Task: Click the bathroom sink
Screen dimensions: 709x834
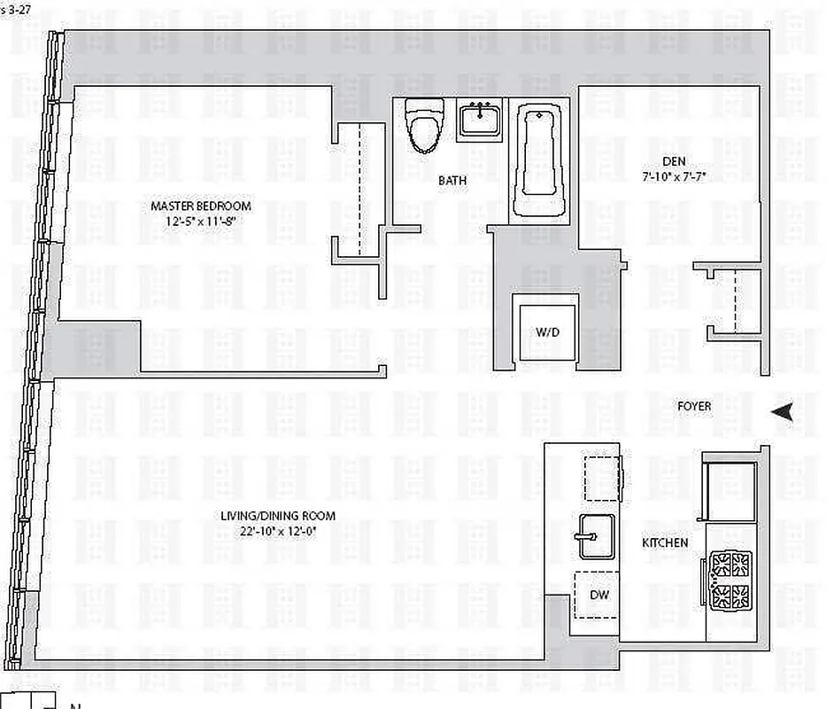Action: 481,119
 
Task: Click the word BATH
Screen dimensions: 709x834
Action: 452,181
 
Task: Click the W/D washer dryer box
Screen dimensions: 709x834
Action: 544,331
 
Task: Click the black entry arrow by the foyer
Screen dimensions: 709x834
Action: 781,411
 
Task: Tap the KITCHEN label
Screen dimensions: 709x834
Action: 666,542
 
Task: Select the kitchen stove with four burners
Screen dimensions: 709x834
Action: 730,580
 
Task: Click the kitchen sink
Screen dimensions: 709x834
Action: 598,535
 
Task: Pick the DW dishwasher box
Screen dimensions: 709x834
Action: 598,594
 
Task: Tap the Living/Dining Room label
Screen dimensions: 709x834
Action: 270,517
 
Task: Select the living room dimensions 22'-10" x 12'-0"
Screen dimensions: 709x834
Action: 270,531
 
